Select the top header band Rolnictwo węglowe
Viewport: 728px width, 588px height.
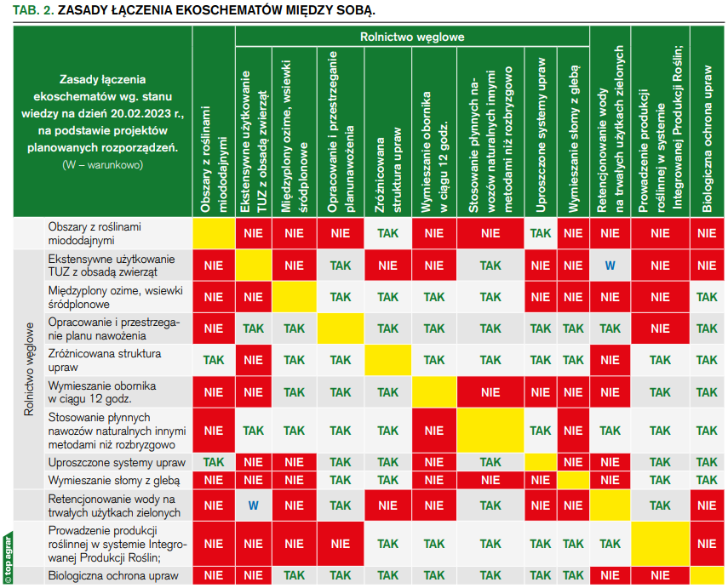[x=412, y=37]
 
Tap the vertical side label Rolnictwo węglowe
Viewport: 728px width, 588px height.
[x=29, y=367]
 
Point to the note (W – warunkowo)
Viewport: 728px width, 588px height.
[x=102, y=164]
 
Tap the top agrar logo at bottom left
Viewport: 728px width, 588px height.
[x=7, y=557]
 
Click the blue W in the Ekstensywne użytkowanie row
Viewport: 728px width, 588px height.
[x=610, y=265]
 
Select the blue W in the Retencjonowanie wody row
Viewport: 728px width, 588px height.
[x=253, y=505]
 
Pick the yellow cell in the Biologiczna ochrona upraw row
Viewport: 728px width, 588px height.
[x=707, y=576]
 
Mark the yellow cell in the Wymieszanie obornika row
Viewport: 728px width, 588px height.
[x=434, y=392]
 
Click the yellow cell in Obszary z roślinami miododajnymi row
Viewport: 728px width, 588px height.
[x=213, y=233]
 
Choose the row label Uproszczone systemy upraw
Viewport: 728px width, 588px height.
[x=117, y=462]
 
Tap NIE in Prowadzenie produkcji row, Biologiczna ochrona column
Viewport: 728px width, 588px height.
[x=707, y=544]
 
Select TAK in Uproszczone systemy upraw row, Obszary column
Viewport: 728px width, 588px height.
[x=213, y=462]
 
